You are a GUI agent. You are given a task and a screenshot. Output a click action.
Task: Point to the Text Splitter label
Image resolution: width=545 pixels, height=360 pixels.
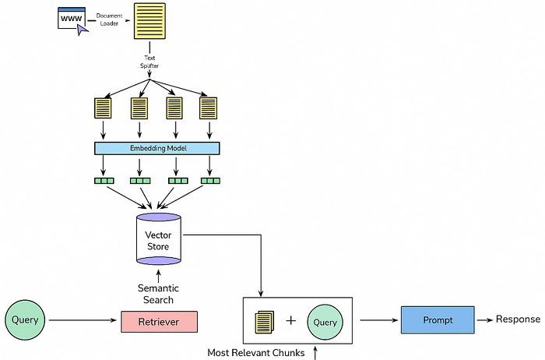pos(149,62)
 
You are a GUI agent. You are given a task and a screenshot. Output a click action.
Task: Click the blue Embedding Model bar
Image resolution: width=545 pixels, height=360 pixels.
pos(157,148)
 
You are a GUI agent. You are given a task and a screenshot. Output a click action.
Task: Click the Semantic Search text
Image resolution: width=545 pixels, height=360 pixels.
pos(157,294)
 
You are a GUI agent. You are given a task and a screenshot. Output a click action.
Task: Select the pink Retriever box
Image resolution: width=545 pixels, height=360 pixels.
pos(159,320)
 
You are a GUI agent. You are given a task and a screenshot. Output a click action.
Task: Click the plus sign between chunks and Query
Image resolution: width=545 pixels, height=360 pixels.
pos(291,320)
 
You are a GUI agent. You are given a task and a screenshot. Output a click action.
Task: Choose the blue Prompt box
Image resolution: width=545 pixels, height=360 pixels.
pos(437,319)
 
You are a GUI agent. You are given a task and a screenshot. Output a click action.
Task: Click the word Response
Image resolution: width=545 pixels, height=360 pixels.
pos(518,319)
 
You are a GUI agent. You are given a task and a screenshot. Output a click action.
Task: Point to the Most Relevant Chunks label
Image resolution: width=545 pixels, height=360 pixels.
pos(255,352)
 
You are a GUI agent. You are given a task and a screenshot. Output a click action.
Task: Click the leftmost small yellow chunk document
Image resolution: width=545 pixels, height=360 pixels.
pos(103,108)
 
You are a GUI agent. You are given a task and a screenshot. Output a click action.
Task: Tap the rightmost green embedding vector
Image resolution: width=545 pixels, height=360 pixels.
pos(210,181)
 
